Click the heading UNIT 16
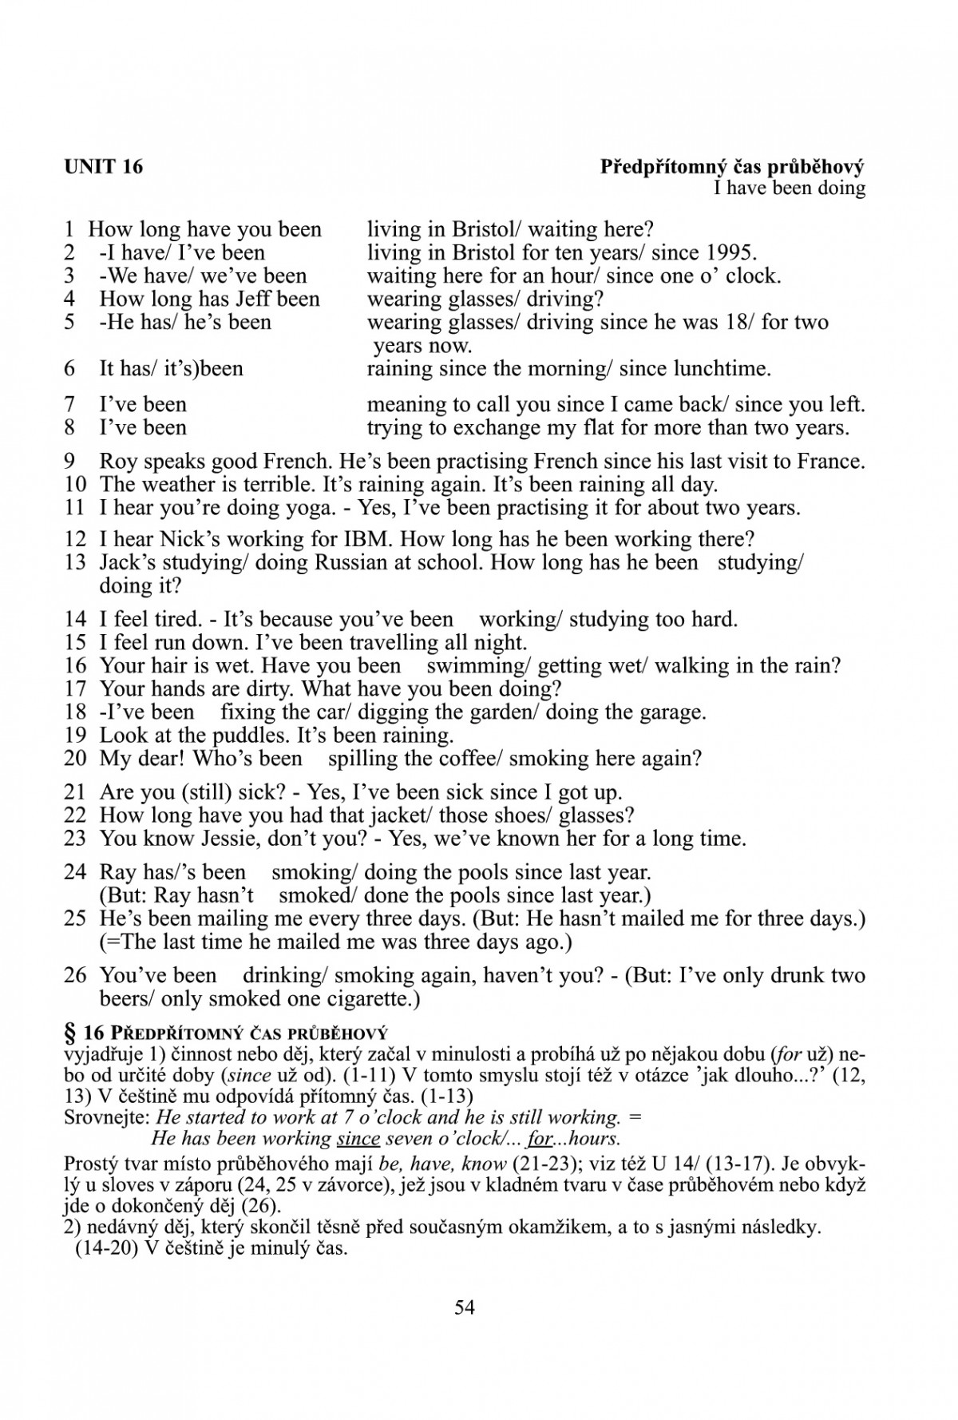(103, 167)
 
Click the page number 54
(465, 1307)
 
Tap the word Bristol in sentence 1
(484, 230)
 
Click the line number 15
(75, 643)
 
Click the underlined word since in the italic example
(358, 1139)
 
